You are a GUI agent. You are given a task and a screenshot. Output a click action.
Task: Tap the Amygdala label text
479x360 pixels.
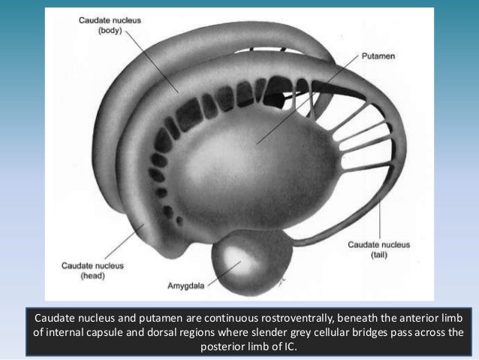point(184,286)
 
